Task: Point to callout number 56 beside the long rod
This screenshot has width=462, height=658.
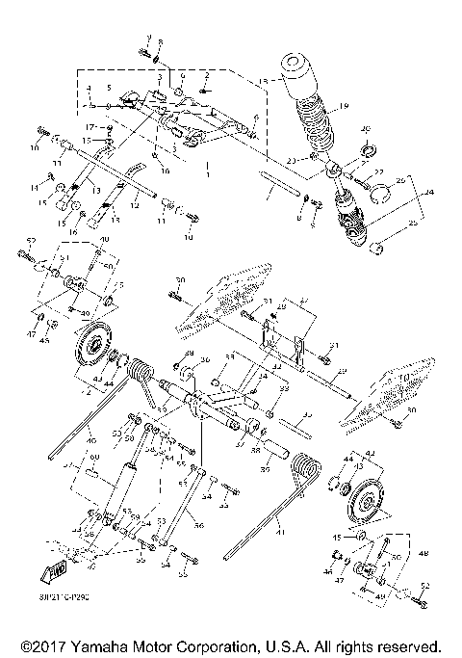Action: pyautogui.click(x=199, y=527)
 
